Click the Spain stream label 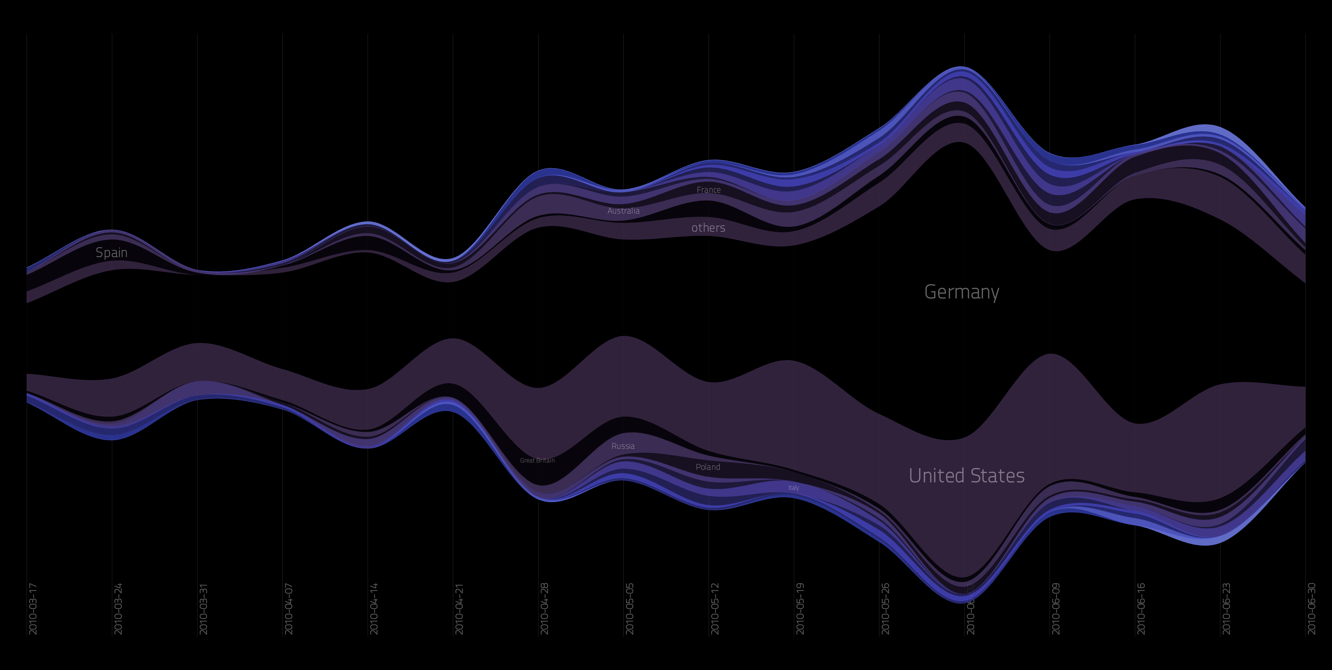(x=111, y=253)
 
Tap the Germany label (x=961, y=292)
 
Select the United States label (x=966, y=475)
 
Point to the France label (x=708, y=190)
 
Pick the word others (x=708, y=228)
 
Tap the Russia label (x=623, y=446)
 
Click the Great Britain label (x=537, y=460)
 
